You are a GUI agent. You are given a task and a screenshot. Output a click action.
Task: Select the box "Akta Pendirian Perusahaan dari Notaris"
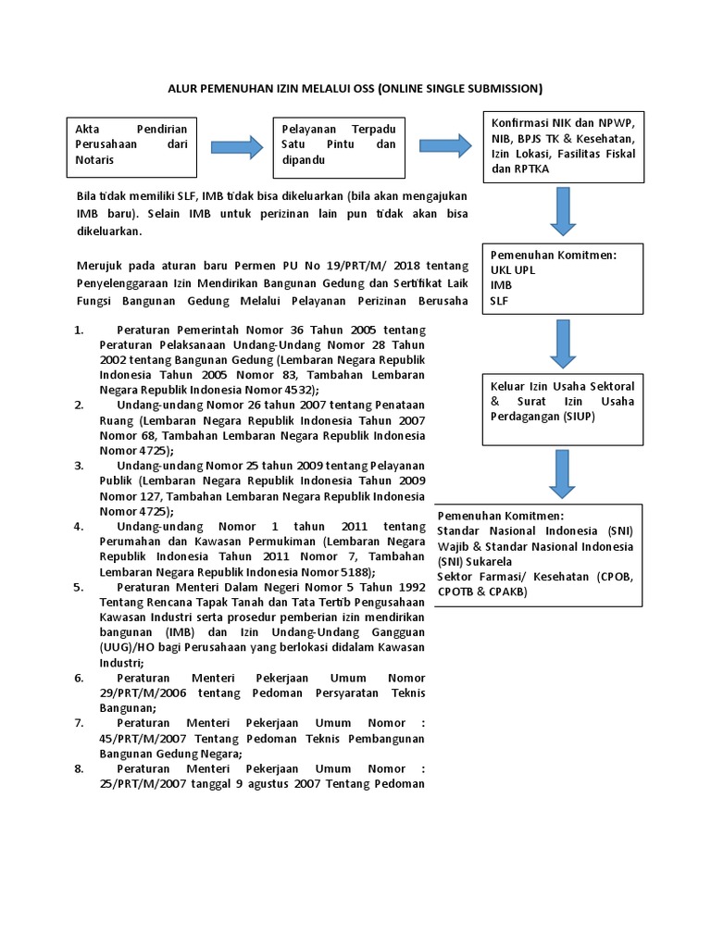click(x=131, y=145)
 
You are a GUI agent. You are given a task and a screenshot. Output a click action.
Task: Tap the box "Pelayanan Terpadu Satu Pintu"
click(x=338, y=145)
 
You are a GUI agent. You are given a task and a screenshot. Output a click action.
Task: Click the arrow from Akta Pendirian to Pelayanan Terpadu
click(x=237, y=145)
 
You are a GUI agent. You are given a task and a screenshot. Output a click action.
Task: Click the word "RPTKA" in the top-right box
click(x=533, y=169)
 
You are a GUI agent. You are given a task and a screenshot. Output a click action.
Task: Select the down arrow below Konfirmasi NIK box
click(x=564, y=211)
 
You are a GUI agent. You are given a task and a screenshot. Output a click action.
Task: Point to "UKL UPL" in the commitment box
click(x=513, y=269)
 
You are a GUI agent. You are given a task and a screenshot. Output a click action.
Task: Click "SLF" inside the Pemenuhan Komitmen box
click(x=499, y=300)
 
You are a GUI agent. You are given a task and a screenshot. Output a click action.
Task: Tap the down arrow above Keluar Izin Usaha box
click(x=564, y=343)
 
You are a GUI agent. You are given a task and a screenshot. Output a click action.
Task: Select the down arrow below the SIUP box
click(x=564, y=474)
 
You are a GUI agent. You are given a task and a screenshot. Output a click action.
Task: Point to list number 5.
click(x=79, y=587)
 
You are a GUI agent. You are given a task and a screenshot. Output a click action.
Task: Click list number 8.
click(x=79, y=769)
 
